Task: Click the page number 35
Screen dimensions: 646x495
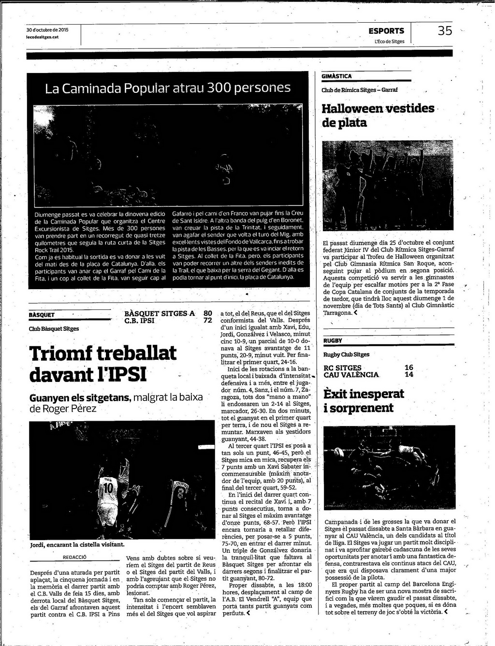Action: (x=445, y=31)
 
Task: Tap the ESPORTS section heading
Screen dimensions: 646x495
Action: (x=386, y=31)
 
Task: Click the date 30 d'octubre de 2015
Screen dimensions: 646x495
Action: (x=47, y=30)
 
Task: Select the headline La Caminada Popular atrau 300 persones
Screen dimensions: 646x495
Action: (x=168, y=88)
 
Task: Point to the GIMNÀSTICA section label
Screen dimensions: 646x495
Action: (x=337, y=76)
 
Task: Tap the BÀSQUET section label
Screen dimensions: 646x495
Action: (x=42, y=315)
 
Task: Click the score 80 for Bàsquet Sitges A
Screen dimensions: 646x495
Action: (x=207, y=313)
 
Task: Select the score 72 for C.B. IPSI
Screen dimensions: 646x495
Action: (x=207, y=320)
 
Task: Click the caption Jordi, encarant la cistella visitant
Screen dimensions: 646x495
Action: (x=77, y=544)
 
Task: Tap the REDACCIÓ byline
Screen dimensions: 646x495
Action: (x=75, y=557)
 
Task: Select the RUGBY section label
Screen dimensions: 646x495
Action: (x=333, y=341)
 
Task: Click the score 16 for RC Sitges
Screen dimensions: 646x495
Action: (x=409, y=367)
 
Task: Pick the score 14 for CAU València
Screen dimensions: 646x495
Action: (x=409, y=374)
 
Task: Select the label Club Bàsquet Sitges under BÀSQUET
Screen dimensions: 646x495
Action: (x=54, y=329)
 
